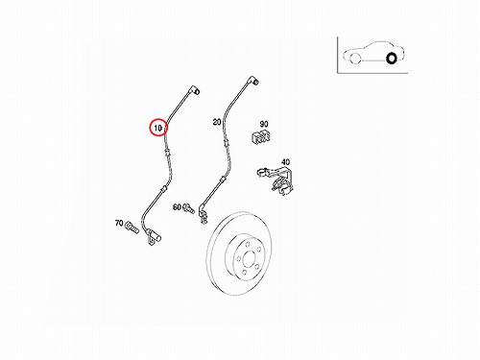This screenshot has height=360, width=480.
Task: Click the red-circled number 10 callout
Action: coord(158,128)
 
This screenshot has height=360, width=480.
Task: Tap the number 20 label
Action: coord(217,122)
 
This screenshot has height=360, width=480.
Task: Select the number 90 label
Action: coord(264,124)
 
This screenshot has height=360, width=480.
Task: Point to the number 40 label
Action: coord(285,162)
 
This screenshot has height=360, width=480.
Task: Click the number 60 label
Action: coord(177,207)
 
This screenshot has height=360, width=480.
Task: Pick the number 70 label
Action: coord(119,223)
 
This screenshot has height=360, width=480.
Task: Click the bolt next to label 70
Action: coord(132,228)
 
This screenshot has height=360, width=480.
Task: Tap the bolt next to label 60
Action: coord(188,208)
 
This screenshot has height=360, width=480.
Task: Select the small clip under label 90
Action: coord(260,136)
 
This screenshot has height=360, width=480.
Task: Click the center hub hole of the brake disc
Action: coord(250,259)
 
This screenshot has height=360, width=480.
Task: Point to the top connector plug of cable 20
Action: coord(253,81)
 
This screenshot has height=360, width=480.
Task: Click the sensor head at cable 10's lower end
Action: coord(153,238)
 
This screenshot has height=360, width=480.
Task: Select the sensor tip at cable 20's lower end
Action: coord(203,217)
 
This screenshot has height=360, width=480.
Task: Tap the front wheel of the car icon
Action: coord(355,59)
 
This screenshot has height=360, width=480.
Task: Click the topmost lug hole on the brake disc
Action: coord(248,245)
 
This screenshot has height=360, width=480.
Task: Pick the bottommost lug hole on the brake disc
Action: coord(244,272)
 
